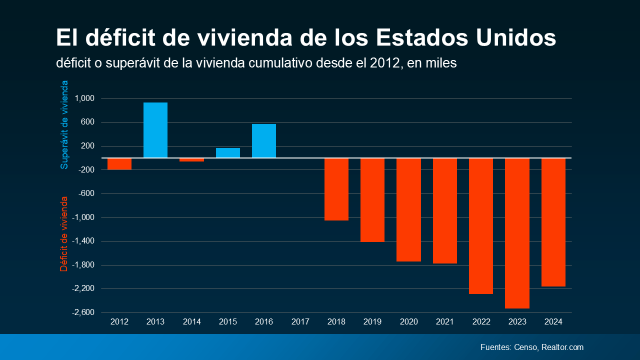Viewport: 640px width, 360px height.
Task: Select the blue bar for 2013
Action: (x=155, y=130)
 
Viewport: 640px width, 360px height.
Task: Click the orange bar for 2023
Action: (x=517, y=233)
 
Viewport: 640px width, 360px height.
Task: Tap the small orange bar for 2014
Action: (x=191, y=160)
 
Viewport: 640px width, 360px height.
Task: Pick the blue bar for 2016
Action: (x=264, y=141)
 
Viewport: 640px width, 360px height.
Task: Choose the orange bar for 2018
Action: (x=336, y=189)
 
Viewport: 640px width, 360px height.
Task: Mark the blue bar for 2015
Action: (x=228, y=153)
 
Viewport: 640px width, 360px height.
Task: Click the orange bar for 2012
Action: (x=119, y=164)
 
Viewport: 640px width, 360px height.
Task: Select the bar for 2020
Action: (x=408, y=209)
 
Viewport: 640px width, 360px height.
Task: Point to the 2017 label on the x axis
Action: (x=300, y=322)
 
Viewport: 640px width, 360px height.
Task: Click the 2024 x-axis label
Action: (x=553, y=322)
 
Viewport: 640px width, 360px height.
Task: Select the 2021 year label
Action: (x=445, y=322)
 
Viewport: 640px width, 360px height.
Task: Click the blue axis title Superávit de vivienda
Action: (x=64, y=124)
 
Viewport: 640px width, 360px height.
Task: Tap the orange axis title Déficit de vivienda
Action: (x=64, y=233)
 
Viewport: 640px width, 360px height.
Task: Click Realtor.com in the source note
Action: (x=562, y=347)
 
